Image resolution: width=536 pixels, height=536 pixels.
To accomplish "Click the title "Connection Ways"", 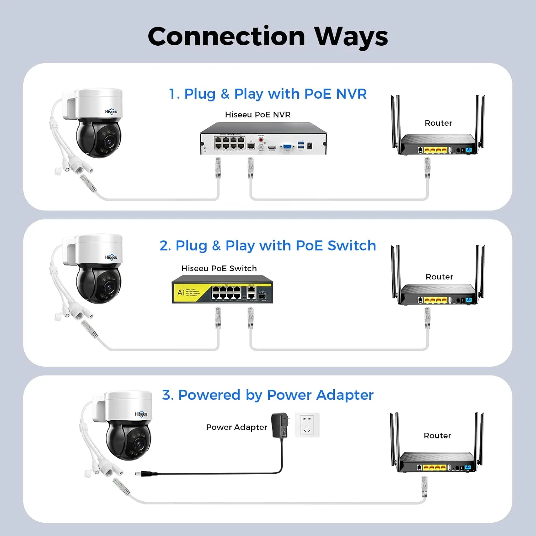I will [268, 36].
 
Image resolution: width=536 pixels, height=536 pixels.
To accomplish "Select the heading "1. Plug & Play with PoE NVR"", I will [268, 94].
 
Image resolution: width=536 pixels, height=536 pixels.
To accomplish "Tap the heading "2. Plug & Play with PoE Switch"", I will [268, 246].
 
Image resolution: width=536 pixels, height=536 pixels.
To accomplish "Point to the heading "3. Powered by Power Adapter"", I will [268, 395].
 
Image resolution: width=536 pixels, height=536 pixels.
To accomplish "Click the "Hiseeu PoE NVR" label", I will [258, 115].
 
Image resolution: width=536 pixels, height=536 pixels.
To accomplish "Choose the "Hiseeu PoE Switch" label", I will [219, 268].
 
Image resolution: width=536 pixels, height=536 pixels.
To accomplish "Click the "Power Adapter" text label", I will [237, 427].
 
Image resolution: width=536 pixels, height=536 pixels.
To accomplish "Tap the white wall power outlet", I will [307, 425].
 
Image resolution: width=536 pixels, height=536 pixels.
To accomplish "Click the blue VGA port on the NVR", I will [287, 147].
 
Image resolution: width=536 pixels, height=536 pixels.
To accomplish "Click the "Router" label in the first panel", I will [438, 123].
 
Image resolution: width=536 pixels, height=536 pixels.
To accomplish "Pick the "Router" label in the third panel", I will [437, 436].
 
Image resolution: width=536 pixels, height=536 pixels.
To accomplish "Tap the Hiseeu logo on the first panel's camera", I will [111, 111].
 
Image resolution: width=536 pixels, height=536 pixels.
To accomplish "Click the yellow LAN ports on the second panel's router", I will [435, 300].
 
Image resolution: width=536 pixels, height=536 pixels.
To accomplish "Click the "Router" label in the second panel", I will [439, 277].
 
